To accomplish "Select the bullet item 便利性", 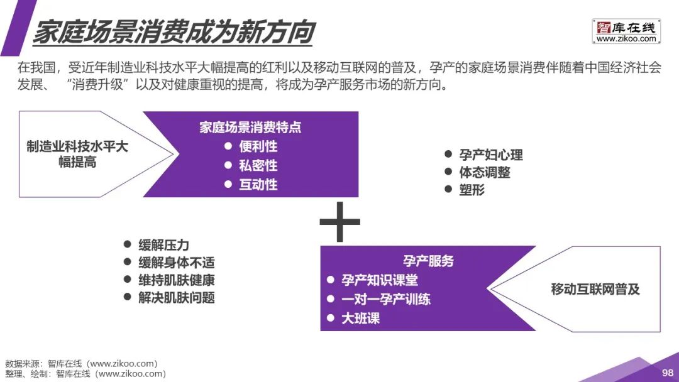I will pos(258,146).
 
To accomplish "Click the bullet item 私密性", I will pos(258,166).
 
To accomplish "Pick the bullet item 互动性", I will pos(258,185).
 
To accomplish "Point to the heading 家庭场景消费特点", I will pos(250,127).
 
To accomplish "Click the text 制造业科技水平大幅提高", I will pos(77,154).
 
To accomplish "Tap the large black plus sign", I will pos(339,222).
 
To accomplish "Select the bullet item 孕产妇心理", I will pos(490,155).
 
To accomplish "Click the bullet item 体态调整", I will pos(484,172).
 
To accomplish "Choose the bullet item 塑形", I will pos(472,190).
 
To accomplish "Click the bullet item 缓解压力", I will pos(163,245).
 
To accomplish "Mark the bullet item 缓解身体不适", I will pos(176,263).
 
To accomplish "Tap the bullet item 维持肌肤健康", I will pos(176,280).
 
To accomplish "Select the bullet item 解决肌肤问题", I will pos(176,298).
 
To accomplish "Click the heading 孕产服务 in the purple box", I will pos(428,261).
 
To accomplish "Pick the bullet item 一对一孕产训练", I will pos(385,299).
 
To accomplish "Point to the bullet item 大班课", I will pos(360,318).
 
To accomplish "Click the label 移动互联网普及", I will pos(595,289).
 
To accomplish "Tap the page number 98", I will pos(667,373).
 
